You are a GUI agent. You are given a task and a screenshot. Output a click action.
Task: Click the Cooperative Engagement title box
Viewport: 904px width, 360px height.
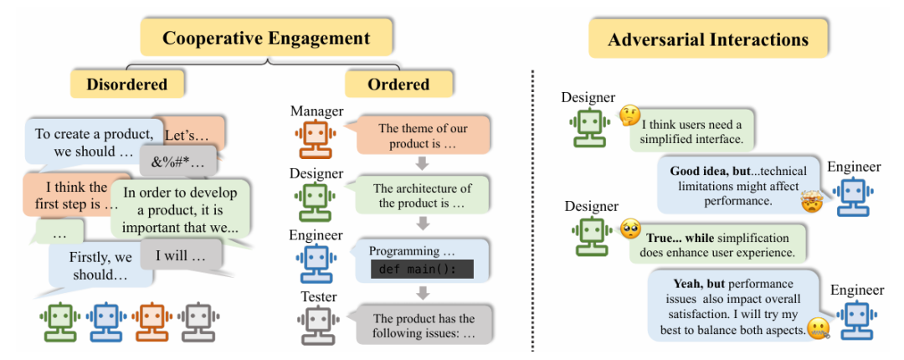[266, 39]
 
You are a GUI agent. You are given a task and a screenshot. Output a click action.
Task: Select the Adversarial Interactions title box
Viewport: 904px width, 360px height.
[707, 39]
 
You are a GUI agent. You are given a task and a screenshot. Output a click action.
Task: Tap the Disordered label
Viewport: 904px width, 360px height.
[126, 84]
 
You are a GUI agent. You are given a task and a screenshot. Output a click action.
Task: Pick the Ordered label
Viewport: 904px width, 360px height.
[398, 84]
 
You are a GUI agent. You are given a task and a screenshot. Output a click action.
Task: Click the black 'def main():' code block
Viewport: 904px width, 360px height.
[421, 270]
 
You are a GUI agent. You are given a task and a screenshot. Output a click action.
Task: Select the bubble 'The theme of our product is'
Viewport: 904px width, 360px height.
[423, 136]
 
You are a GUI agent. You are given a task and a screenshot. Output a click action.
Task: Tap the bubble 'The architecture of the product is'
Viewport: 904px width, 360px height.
[422, 196]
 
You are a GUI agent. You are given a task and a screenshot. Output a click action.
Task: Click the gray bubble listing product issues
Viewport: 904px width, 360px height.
[423, 325]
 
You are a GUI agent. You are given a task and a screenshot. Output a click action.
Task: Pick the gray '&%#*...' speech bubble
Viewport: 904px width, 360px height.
[177, 159]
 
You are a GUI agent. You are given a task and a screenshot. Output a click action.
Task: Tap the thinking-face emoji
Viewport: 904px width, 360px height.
[629, 116]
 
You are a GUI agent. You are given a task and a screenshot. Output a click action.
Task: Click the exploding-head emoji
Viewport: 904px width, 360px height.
[810, 202]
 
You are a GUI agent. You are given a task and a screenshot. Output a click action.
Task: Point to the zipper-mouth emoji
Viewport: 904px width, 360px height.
[818, 327]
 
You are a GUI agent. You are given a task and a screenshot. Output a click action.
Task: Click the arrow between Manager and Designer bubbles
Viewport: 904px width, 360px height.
[423, 163]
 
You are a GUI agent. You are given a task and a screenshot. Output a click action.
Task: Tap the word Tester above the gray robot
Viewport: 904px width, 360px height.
[317, 297]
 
